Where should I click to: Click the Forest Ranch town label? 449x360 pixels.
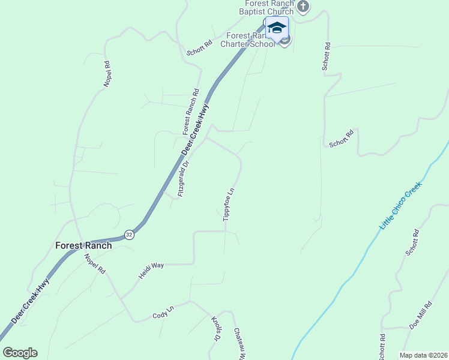coord(83,245)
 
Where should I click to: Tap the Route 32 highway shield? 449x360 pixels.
coord(129,234)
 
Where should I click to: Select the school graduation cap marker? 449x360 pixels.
coord(277,28)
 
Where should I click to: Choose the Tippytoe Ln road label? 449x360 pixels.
coord(228,205)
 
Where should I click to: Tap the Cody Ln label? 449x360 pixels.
coord(163,313)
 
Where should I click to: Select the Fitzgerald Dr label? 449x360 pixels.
coord(184,179)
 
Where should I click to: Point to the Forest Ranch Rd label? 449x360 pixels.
coord(191,112)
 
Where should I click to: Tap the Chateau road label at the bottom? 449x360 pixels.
coord(240,343)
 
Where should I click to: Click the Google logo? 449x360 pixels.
coord(20,353)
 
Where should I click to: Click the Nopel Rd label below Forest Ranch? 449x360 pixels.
coord(95,264)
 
